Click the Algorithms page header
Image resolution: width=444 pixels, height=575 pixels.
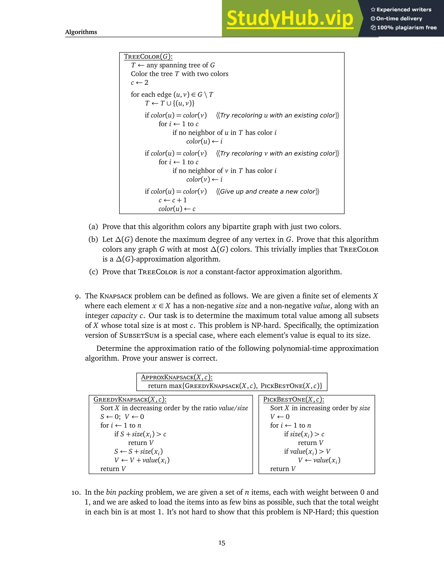coord(81,32)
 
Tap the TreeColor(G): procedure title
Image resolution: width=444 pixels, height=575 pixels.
coord(148,57)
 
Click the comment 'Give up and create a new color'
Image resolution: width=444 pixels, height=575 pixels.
coord(268,191)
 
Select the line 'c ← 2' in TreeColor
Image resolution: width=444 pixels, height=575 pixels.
coord(139,83)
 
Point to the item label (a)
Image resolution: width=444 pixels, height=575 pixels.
coord(93,227)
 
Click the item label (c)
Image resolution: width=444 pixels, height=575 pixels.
coord(93,272)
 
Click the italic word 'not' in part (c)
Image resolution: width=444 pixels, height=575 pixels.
coord(192,272)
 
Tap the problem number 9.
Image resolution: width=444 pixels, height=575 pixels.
coord(78,296)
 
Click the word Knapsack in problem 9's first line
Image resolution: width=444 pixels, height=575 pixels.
coord(116,296)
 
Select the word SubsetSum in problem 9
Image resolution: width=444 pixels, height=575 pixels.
coord(139,335)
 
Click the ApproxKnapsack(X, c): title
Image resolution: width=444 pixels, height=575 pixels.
coord(176,377)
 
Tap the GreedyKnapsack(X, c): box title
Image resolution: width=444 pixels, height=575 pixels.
coord(130,399)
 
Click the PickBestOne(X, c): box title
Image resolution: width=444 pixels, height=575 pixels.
coord(294,399)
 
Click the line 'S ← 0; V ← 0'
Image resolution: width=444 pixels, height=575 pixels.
coord(122,417)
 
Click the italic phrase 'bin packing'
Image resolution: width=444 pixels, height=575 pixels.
coord(125,492)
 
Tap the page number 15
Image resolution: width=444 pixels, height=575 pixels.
coord(222,543)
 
